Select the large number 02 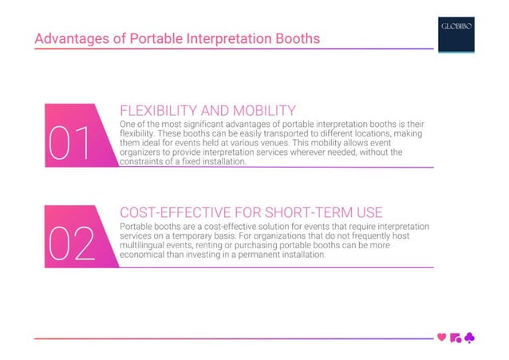point(73,244)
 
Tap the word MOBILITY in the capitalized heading point(260,111)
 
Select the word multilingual point(146,246)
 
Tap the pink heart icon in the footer point(442,338)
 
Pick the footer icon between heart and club point(456,338)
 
